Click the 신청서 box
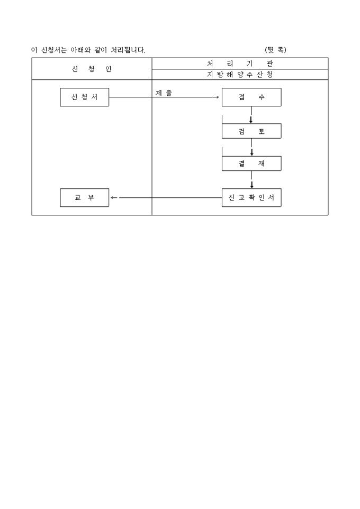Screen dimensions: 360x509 tap(85, 97)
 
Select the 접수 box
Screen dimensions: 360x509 tap(251, 97)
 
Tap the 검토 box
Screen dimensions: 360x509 tap(251, 131)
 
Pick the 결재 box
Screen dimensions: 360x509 tap(251, 163)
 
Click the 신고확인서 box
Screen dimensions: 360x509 tap(251, 197)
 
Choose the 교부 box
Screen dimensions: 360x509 tap(85, 197)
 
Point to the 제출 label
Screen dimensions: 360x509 tap(164, 93)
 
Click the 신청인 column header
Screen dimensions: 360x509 tap(92, 69)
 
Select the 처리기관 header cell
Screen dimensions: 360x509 tap(240, 63)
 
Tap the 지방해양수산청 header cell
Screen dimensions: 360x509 tap(240, 74)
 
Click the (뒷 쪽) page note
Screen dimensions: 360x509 tap(275, 50)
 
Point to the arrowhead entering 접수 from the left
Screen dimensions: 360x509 tap(217, 97)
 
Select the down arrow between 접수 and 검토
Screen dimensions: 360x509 tap(251, 115)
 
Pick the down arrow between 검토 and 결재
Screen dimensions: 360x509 tap(251, 148)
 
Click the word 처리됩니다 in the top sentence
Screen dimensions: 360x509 tap(128, 50)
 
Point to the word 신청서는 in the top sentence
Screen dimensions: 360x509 tap(54, 50)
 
